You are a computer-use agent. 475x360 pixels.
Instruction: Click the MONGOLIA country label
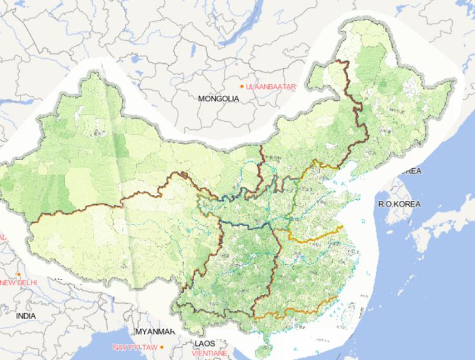pos(218,98)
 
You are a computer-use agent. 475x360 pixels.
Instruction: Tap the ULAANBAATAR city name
pos(272,87)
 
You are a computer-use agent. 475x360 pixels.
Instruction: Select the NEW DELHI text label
pos(19,283)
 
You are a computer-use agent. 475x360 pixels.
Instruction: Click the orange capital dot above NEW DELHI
pos(19,274)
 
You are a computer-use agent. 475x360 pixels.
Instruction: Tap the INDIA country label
pos(26,315)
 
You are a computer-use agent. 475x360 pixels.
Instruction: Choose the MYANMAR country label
pos(152,331)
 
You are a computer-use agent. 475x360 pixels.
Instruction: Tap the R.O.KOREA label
pos(400,204)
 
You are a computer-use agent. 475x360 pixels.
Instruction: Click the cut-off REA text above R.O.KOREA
pos(411,171)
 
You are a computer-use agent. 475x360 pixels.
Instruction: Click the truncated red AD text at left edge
pos(2,238)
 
